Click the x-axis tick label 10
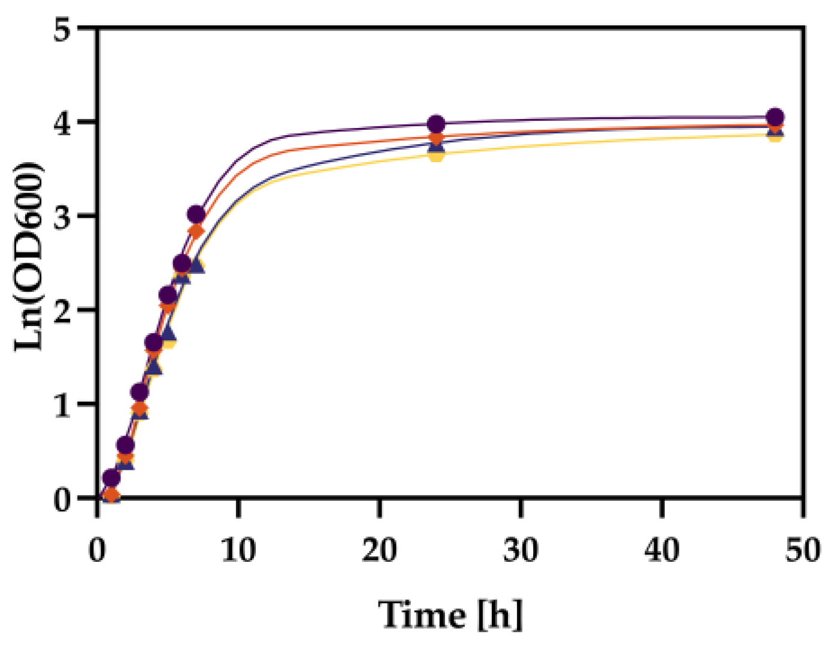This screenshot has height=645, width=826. point(238,549)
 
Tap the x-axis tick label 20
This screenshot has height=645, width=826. point(379,549)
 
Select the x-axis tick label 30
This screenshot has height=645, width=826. point(521,549)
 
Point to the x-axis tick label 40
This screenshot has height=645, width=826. point(662,549)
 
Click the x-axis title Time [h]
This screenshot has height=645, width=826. point(450,614)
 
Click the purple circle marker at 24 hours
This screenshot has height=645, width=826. point(436,124)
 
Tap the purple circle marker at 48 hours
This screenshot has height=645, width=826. point(775,117)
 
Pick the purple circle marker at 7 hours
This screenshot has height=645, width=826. point(196,214)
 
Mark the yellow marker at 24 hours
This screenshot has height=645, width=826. point(436,154)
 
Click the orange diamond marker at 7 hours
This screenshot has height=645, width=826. point(196,231)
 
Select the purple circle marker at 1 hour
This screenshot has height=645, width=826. point(111,477)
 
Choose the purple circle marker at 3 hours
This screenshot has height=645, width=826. point(140,393)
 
